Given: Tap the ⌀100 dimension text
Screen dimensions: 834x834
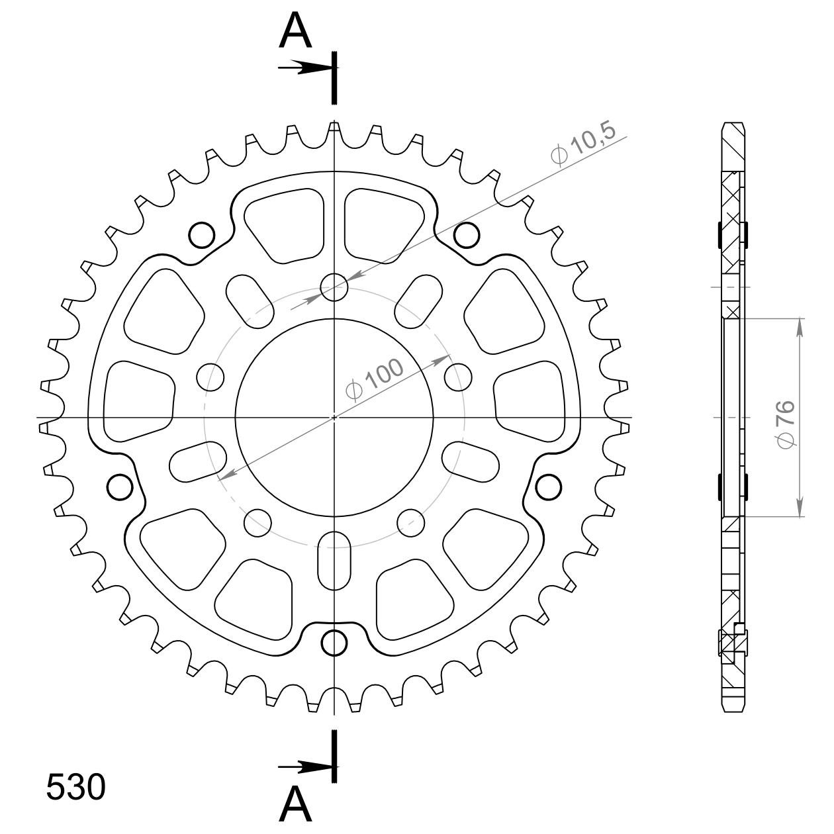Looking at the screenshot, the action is point(375,379).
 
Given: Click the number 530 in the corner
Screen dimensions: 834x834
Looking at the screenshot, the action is point(75,786).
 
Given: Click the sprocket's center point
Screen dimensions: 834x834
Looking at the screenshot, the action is point(334,418).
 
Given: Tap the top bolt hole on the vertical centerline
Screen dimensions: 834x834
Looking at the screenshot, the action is point(334,287).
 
